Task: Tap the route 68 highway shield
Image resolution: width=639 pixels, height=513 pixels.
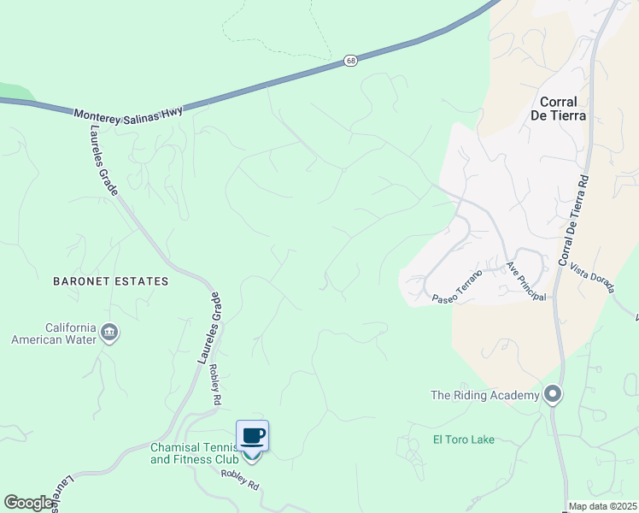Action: (351, 61)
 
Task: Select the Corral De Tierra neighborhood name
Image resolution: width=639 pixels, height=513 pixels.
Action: (563, 108)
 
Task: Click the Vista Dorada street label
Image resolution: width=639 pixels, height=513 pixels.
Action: (592, 276)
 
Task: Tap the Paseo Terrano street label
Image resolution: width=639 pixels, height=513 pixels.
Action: (457, 286)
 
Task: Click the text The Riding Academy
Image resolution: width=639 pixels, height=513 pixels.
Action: (484, 395)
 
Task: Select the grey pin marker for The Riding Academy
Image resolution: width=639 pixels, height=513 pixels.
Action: (553, 394)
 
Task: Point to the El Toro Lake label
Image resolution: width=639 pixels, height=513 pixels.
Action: (463, 440)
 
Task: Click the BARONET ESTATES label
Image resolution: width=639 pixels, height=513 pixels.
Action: (111, 280)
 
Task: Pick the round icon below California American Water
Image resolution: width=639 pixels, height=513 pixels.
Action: (109, 332)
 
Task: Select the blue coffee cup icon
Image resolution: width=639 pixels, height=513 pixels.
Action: (252, 436)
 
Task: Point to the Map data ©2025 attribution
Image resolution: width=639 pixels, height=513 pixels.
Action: (601, 506)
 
